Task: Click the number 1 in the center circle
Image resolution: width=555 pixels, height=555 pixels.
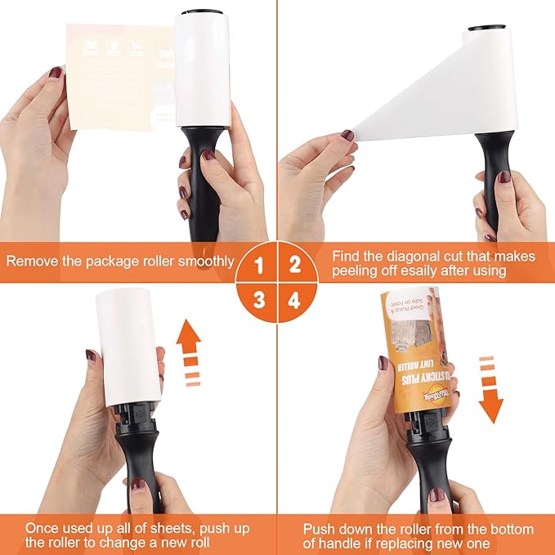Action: point(259,266)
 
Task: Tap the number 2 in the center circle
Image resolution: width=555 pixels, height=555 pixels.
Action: point(295,266)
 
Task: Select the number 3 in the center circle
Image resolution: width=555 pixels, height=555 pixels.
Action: point(259,299)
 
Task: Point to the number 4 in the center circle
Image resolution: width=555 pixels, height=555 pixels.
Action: point(295,299)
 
